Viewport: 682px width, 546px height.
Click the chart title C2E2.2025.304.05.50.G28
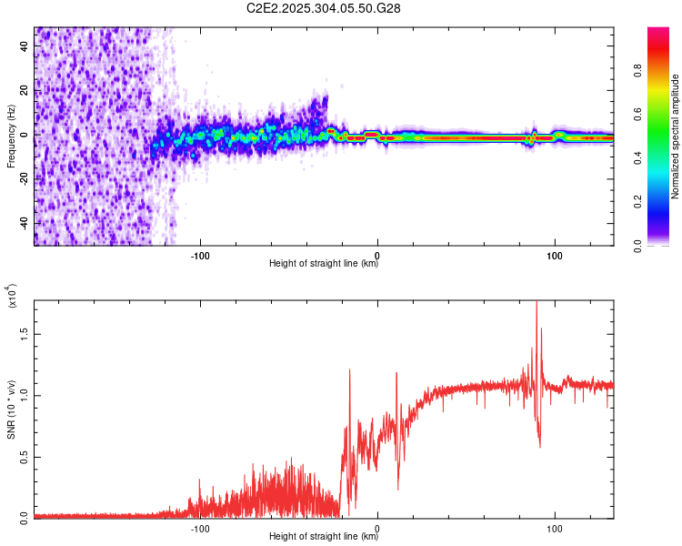tap(324, 8)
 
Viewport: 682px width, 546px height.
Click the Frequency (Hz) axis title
tap(11, 136)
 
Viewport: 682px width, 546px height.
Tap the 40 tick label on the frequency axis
tap(25, 46)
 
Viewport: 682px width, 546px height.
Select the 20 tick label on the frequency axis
tap(25, 91)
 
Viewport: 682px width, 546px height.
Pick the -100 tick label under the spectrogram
tap(201, 254)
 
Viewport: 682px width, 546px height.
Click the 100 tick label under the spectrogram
tap(554, 254)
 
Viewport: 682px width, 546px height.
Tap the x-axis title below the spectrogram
tap(324, 264)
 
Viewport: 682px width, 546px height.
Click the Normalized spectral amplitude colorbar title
tap(675, 136)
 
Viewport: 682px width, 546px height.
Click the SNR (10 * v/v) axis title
tap(11, 407)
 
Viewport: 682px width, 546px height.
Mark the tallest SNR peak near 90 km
tap(537, 302)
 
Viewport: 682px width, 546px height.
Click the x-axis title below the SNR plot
tap(324, 537)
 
